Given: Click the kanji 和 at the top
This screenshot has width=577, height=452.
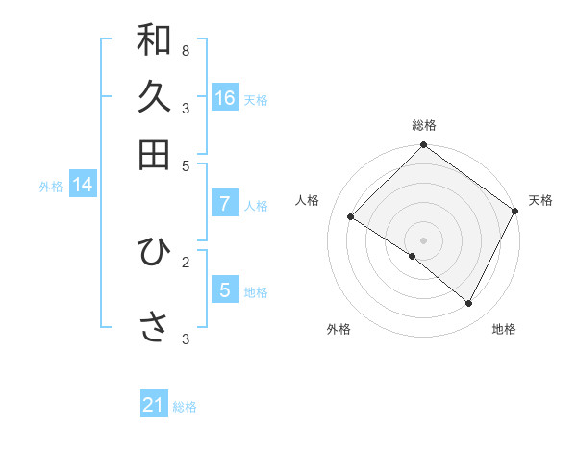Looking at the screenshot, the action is point(154,40).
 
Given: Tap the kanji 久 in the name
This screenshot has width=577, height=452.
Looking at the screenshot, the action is point(154,97).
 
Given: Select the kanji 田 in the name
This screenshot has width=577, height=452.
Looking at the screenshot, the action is point(154,154).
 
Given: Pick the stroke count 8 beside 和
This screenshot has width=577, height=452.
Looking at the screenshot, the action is point(186,50).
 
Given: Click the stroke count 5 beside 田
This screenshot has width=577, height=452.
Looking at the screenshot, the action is point(186,165).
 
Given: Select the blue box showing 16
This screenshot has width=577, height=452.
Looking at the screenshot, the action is point(225,98).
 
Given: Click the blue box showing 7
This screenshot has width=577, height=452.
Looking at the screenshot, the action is point(225,204).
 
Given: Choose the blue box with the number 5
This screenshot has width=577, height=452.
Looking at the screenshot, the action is point(225,289).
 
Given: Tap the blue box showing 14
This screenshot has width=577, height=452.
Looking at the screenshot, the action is point(83,185).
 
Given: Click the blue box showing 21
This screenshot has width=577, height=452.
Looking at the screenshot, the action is point(154,405).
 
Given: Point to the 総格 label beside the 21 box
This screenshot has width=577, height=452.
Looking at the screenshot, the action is point(185,407).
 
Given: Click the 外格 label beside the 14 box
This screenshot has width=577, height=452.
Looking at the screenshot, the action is point(51,187).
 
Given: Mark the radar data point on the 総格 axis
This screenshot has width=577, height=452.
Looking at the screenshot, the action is point(423,146).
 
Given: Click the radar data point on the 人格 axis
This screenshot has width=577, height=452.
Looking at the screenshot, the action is point(351,217).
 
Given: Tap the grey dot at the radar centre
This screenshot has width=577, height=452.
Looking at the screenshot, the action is point(423,239).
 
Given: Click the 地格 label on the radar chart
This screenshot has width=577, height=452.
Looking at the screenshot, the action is point(504,329).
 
